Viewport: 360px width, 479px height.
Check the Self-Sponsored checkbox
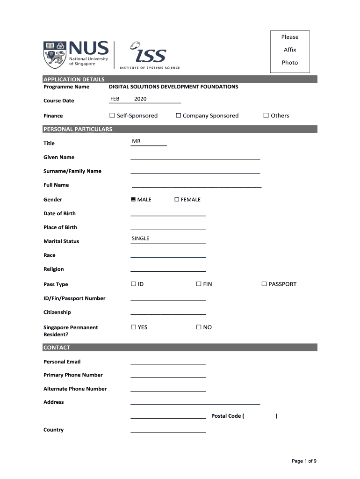pyautogui.click(x=112, y=116)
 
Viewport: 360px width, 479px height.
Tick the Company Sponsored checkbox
pyautogui.click(x=179, y=116)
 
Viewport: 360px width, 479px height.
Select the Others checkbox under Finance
pyautogui.click(x=266, y=116)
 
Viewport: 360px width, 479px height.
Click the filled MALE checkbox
pyautogui.click(x=133, y=200)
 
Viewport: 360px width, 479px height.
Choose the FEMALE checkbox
pyautogui.click(x=177, y=200)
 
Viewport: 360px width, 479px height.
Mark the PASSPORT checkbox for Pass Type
pyautogui.click(x=264, y=284)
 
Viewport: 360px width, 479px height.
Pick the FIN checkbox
pyautogui.click(x=199, y=284)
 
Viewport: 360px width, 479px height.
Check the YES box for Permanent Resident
pyautogui.click(x=133, y=327)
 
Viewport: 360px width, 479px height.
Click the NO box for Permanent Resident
pyautogui.click(x=199, y=327)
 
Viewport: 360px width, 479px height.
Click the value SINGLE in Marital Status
pyautogui.click(x=140, y=239)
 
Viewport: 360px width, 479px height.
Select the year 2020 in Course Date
pyautogui.click(x=140, y=99)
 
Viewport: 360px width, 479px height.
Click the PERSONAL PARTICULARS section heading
pyautogui.click(x=78, y=129)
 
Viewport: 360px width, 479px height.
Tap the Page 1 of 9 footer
pyautogui.click(x=304, y=461)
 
